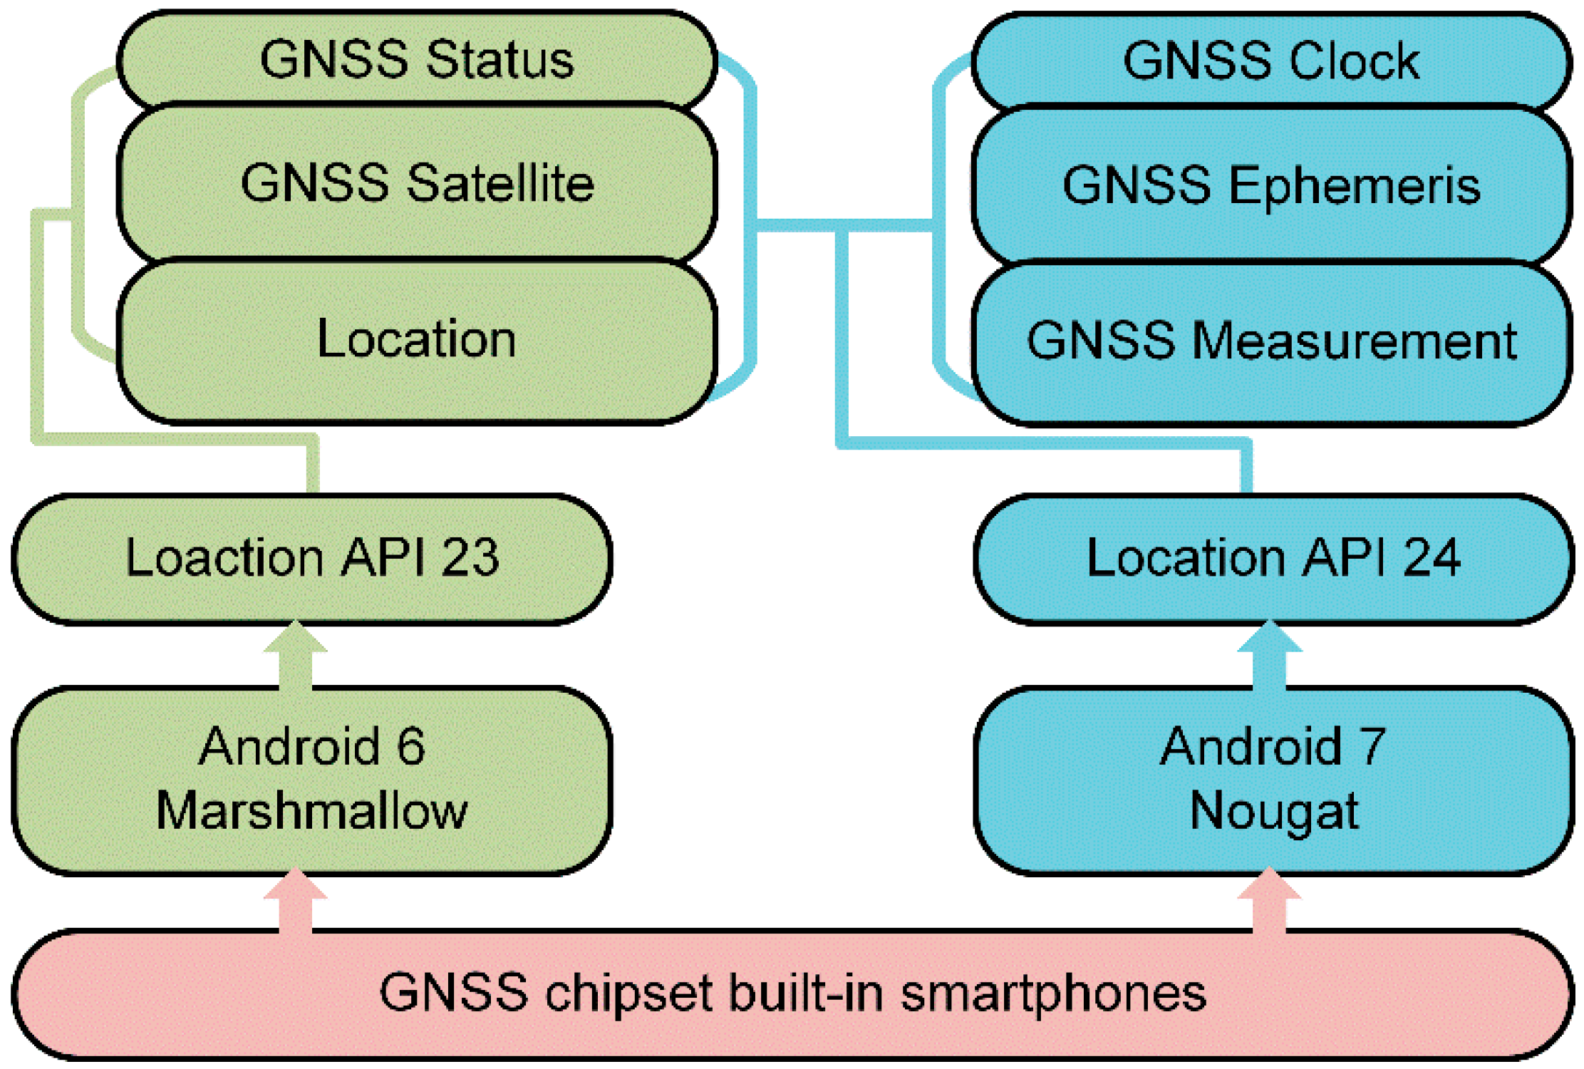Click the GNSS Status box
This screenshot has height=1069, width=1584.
click(417, 58)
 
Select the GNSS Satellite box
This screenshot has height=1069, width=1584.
click(417, 183)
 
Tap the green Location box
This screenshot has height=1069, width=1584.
click(417, 339)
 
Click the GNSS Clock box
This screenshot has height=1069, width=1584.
click(1272, 61)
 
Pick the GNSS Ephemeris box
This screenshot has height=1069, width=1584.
click(1272, 185)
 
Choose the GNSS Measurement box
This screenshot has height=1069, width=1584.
click(1272, 341)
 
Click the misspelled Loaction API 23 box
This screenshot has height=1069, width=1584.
click(312, 558)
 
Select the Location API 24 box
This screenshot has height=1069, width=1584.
click(1273, 558)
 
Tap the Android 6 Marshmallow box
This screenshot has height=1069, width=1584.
click(312, 780)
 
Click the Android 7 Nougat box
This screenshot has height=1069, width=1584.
click(1273, 780)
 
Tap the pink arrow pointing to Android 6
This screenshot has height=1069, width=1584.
click(296, 902)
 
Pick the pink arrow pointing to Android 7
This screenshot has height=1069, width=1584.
click(1269, 902)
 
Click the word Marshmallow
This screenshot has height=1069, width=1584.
click(312, 811)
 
